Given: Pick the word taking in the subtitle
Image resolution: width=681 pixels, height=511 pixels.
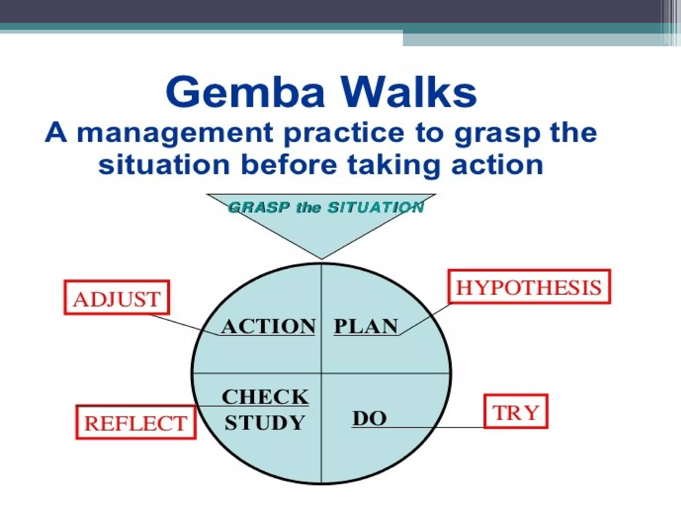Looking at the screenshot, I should pos(394,166).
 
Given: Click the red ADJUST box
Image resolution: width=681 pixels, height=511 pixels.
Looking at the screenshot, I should pos(117,298).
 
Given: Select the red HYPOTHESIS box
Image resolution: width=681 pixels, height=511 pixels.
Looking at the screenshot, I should pos(529,287).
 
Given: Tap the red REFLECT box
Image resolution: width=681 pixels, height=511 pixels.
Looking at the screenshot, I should pos(136,423).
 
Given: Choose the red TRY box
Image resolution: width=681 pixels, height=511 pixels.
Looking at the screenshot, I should pos(515,412).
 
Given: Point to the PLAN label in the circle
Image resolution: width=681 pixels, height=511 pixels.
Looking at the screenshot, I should pos(366,326).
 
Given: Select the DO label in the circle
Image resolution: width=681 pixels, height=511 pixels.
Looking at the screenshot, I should pos(369,418).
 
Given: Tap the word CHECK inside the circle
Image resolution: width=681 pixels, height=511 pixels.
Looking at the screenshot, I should pos(265,397).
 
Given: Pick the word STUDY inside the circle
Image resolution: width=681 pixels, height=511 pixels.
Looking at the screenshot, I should pos(265,423).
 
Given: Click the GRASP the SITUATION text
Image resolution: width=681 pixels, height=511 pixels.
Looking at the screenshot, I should pos(326,208).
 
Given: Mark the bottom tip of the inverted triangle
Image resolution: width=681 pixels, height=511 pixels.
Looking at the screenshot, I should pos(322,258).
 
